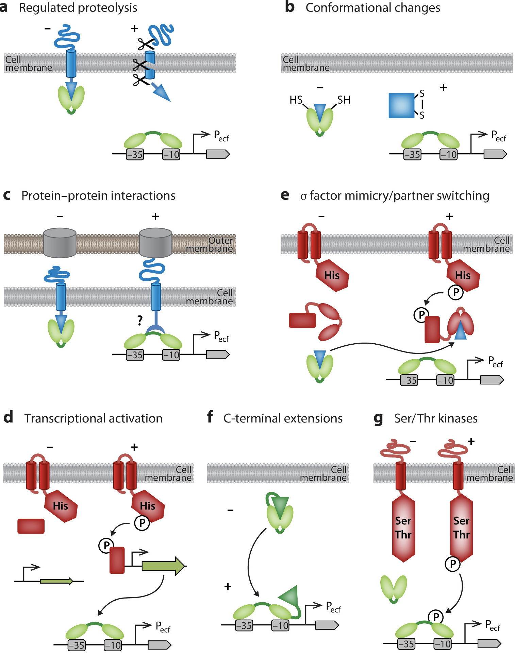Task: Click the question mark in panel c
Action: coord(140,320)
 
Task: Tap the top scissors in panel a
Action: coord(146,44)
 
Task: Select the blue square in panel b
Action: coord(401,105)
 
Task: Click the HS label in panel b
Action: coord(296,100)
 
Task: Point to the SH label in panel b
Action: coord(344,100)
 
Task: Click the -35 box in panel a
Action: coord(135,154)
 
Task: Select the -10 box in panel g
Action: coord(443,643)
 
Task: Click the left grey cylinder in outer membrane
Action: coord(60,243)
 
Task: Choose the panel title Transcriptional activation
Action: coord(93,418)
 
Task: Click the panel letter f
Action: coord(210,417)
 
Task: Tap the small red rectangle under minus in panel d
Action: coord(31,526)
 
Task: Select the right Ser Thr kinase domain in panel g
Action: coord(461,528)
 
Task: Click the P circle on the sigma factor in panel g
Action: coord(436,617)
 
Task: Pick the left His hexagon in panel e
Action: coord(332,275)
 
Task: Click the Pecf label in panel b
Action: coord(498,136)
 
